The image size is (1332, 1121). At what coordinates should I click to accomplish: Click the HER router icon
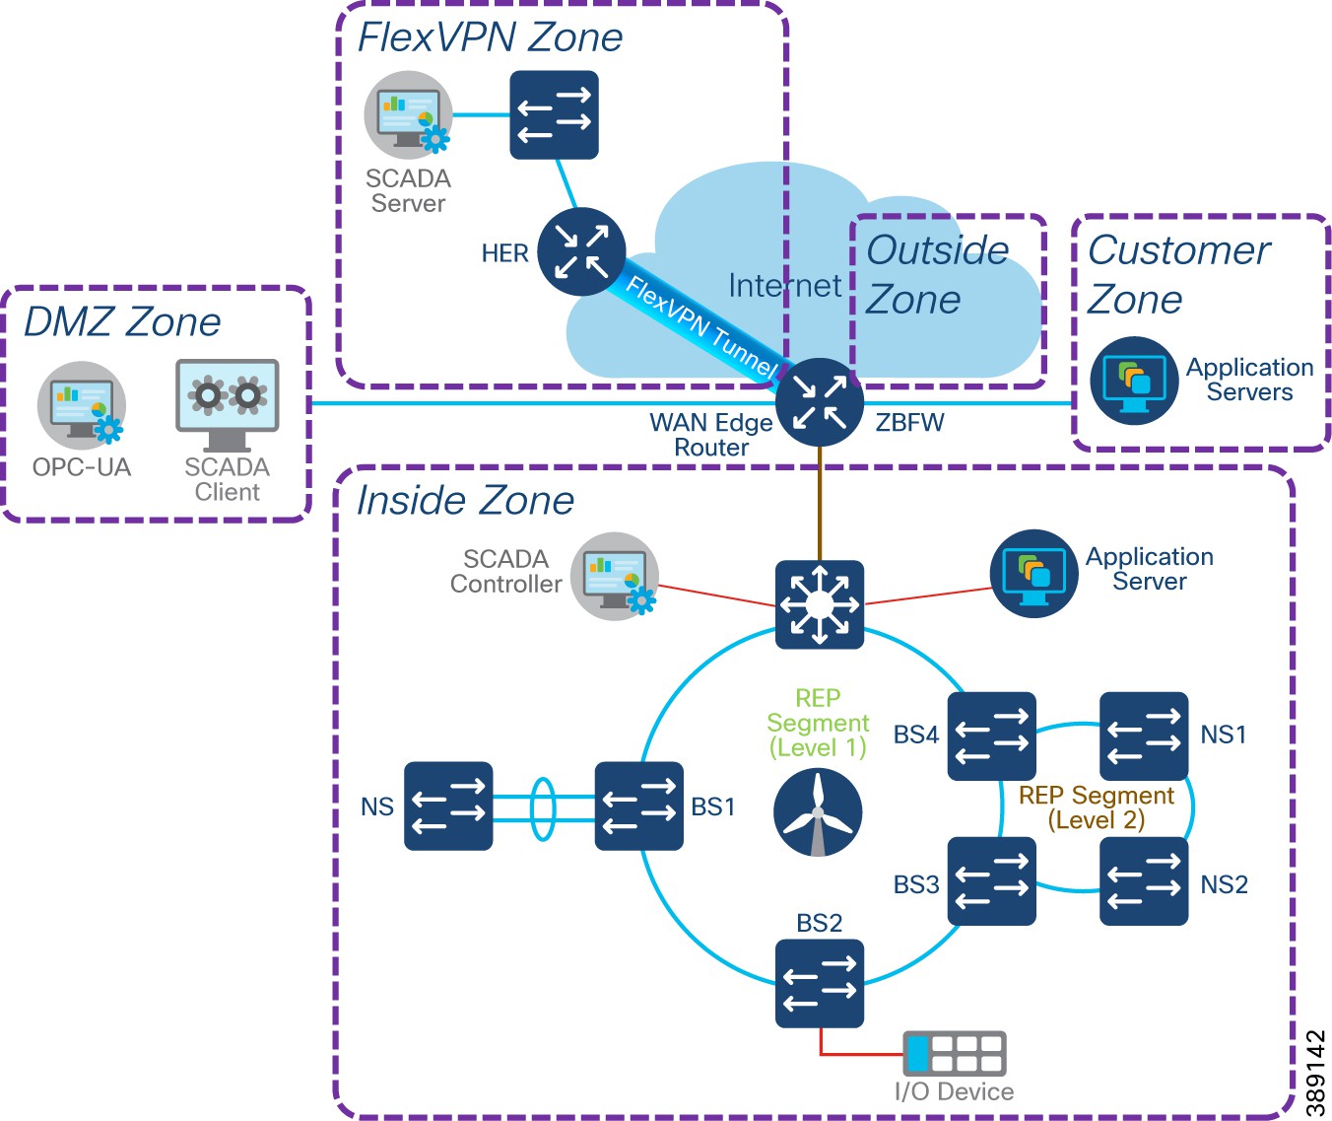581,251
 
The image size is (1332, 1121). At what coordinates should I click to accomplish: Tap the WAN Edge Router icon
819,402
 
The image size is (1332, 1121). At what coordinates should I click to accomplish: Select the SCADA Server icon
408,115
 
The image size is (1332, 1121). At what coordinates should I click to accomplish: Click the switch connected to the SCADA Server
554,114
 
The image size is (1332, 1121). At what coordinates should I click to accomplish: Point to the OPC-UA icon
82,405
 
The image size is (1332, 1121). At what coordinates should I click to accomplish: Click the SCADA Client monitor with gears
228,402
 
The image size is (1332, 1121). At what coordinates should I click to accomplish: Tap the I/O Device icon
954,1053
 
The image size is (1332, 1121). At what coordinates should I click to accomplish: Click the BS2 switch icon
819,983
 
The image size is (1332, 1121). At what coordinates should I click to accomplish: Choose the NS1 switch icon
1143,736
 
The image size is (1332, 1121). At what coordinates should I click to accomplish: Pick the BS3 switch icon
991,880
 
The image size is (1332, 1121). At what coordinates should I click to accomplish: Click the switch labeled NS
448,806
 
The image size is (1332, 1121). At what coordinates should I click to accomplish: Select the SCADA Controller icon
615,576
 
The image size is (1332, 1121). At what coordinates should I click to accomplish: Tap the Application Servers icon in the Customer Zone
1134,381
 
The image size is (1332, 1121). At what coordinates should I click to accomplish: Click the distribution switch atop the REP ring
819,604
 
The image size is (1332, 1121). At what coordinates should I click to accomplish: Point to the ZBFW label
909,423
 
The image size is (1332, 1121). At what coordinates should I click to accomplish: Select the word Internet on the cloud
784,286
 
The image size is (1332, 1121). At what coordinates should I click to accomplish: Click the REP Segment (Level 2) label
1096,807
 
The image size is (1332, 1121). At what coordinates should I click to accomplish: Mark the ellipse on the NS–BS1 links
543,808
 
